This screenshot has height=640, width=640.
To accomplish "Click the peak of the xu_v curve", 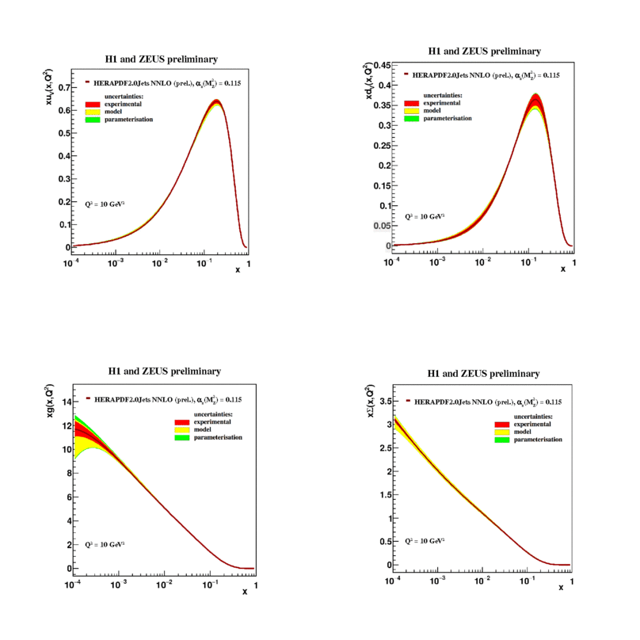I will [x=216, y=101].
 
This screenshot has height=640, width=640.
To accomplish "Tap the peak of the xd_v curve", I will [x=536, y=95].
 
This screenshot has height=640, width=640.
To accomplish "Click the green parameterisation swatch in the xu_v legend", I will [x=92, y=119].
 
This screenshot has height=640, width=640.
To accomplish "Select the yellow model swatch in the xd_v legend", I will [x=411, y=111].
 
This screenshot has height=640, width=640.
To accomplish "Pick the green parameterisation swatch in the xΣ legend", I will [x=501, y=440].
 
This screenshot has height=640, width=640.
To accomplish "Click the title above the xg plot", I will [x=164, y=371].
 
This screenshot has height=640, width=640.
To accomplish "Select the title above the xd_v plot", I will [x=484, y=51].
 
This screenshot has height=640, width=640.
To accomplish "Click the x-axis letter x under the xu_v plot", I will [x=237, y=269].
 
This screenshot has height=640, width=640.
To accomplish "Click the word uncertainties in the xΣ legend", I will [x=532, y=415].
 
